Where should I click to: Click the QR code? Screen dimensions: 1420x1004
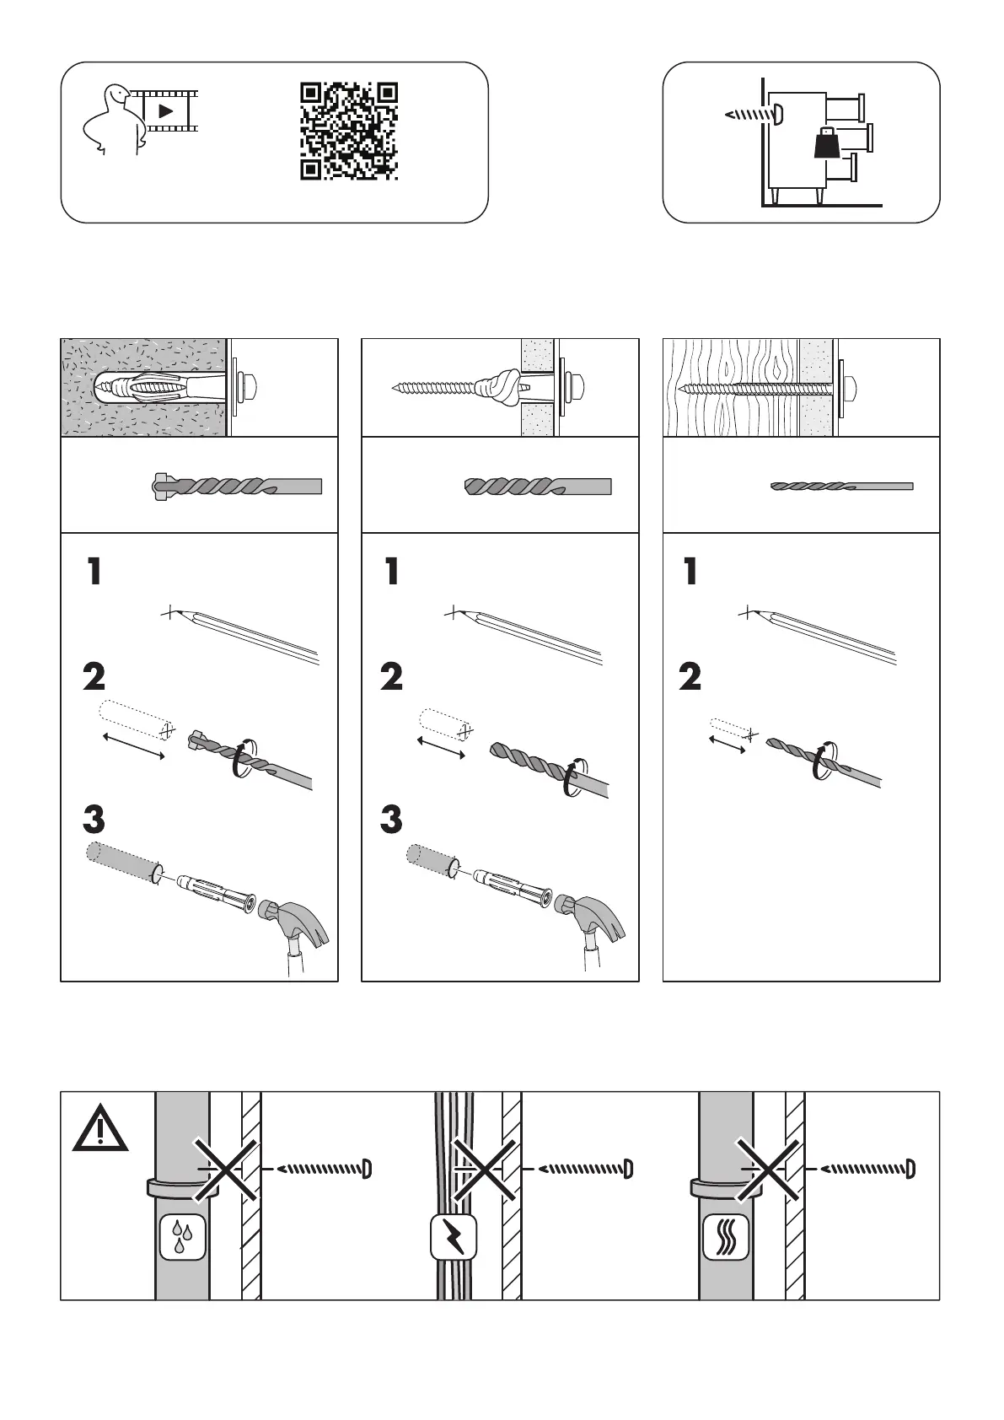pyautogui.click(x=349, y=131)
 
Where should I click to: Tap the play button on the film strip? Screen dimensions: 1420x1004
pyautogui.click(x=166, y=110)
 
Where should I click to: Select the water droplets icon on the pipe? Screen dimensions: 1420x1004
pyautogui.click(x=182, y=1237)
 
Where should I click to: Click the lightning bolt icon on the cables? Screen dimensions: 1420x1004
pyautogui.click(x=454, y=1237)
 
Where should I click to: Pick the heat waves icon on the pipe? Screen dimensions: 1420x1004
pyautogui.click(x=726, y=1237)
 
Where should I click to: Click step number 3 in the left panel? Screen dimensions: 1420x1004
pyautogui.click(x=94, y=820)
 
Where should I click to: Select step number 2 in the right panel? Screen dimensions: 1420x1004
pyautogui.click(x=690, y=677)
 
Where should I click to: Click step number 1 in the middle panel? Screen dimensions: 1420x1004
pyautogui.click(x=391, y=573)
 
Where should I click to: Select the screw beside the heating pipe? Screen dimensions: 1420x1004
pyautogui.click(x=867, y=1169)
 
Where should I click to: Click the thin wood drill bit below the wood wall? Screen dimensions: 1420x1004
pyautogui.click(x=841, y=487)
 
